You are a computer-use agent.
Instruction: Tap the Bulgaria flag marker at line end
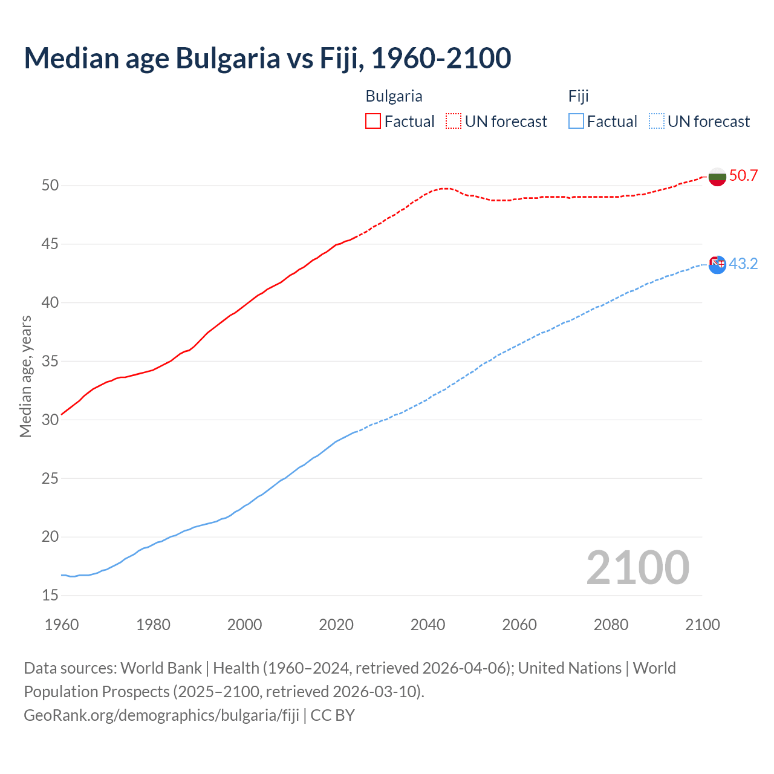tap(717, 177)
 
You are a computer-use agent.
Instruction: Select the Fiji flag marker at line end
tap(717, 264)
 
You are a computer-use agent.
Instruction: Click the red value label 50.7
tap(743, 175)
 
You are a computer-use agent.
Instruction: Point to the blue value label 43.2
tap(743, 264)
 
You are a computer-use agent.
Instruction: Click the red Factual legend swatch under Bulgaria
tap(373, 121)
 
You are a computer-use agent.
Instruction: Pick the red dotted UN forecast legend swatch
tap(454, 121)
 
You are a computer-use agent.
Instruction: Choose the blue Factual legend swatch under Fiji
tap(576, 121)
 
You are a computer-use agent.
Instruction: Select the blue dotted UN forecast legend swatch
tap(657, 121)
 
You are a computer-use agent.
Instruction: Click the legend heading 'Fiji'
tap(578, 96)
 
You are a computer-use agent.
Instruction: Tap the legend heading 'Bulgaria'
tap(394, 96)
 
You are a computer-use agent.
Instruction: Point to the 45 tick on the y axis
tap(50, 244)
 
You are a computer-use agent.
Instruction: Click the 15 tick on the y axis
tap(50, 595)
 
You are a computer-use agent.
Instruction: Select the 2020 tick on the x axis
tap(336, 624)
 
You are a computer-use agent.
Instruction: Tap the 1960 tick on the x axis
tap(62, 624)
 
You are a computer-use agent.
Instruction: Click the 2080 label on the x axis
tap(611, 624)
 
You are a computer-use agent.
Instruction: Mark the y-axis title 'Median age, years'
tap(25, 376)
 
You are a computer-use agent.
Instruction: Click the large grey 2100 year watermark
tap(637, 567)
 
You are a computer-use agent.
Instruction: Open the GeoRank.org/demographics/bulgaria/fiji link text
tap(161, 715)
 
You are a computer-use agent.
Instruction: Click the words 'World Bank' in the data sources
tap(161, 668)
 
